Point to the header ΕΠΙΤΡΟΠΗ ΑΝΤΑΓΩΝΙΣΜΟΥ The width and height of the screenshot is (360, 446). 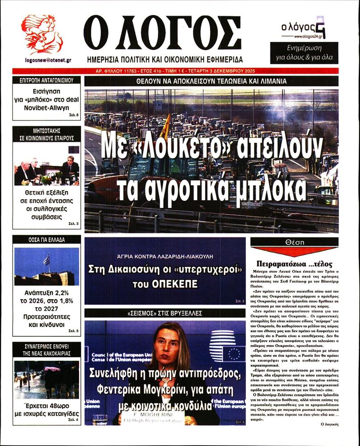click(46, 81)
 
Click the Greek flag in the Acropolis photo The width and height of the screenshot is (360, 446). click(46, 259)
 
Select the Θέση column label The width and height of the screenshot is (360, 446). click(294, 241)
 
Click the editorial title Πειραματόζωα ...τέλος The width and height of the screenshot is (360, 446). click(294, 263)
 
